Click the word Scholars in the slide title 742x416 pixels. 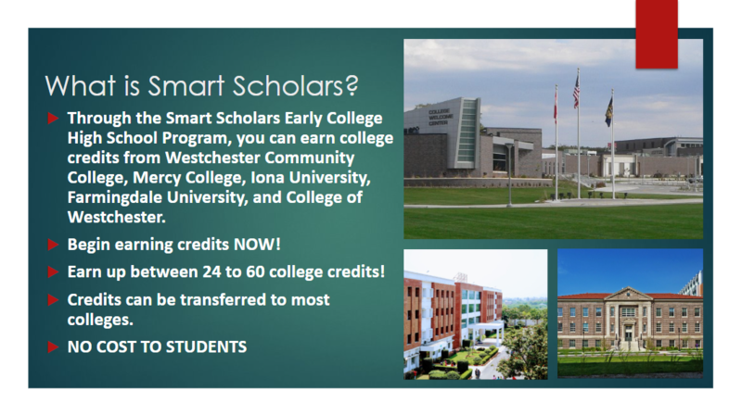click(x=296, y=86)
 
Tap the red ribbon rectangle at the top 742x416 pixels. click(x=656, y=33)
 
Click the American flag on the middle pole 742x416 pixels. click(x=576, y=92)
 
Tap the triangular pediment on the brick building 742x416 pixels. click(x=629, y=294)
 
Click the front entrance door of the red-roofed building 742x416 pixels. click(x=629, y=336)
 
